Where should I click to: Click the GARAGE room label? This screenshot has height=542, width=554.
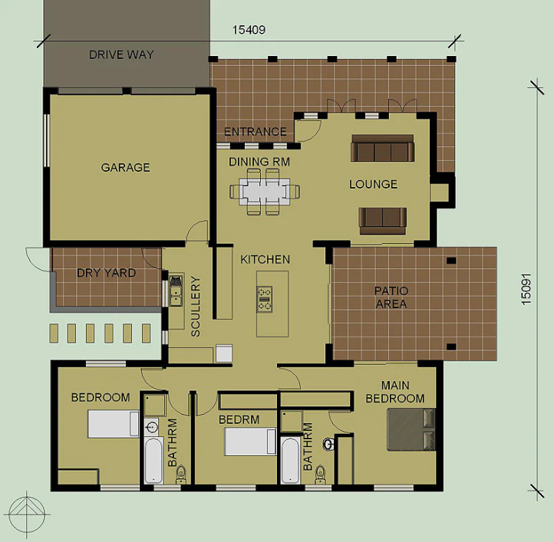click(x=125, y=167)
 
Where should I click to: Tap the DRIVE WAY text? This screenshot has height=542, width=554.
click(x=121, y=54)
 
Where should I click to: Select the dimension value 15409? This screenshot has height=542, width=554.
click(x=249, y=30)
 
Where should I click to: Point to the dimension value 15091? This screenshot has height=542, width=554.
click(x=526, y=289)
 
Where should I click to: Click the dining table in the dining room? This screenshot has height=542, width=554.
click(x=265, y=192)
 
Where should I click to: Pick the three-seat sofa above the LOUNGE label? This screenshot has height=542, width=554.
click(x=383, y=148)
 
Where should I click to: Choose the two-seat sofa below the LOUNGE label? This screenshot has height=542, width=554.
click(x=383, y=222)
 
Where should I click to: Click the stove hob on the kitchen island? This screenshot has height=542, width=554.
click(x=265, y=299)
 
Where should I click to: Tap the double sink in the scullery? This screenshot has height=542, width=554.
click(x=176, y=291)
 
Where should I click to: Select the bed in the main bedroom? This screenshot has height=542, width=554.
click(x=411, y=429)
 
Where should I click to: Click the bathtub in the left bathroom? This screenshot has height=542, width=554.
click(x=153, y=461)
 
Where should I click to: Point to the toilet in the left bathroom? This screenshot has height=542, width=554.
click(x=181, y=475)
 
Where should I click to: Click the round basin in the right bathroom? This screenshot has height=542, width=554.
click(x=328, y=444)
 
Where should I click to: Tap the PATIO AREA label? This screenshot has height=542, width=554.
click(x=391, y=297)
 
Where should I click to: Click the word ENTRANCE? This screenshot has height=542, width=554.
click(x=255, y=132)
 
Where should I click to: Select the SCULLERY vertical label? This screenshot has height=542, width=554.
click(x=196, y=306)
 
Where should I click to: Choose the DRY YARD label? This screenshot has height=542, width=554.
click(x=107, y=273)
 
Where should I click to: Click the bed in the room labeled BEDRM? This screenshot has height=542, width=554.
click(x=250, y=442)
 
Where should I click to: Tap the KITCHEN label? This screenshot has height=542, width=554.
click(x=265, y=260)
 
